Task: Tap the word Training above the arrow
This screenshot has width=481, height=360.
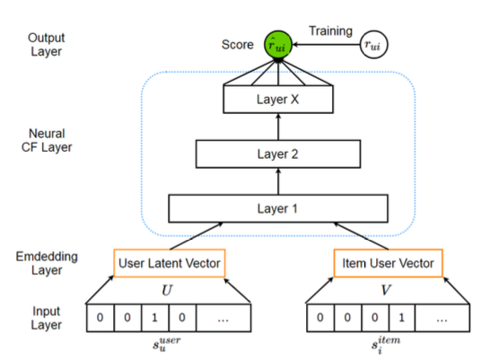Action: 330,31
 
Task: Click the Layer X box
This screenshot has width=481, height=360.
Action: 278,99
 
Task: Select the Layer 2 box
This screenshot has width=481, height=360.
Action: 278,154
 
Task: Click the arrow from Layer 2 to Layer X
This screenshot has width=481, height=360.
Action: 278,126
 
